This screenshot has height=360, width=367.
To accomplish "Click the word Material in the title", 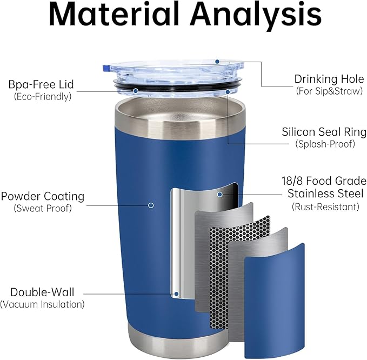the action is coord(114,14).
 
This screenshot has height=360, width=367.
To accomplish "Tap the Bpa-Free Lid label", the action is coord(41,84).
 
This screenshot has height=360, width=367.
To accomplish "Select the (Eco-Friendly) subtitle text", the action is coord(43,96).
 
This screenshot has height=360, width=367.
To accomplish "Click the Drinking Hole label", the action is coord(329,79).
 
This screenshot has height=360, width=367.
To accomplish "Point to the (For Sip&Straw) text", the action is coord(329,91).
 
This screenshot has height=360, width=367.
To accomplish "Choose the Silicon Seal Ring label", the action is coord(324,132).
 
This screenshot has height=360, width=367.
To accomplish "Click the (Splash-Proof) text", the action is coord(325,144).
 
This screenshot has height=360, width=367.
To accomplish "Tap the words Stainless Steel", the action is coord(325,194).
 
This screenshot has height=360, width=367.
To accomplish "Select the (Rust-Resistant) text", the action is coord(325,206).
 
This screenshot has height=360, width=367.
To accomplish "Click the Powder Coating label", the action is coord(43,196).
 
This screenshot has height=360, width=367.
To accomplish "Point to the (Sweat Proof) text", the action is coord(43,208).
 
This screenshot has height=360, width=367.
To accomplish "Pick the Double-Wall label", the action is coord(42,292).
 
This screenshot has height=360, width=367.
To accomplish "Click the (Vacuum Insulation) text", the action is coord(42,304).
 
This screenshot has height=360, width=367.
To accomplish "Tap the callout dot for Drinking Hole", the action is coord(217,62).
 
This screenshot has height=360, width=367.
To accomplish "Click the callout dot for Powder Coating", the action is coord(151,205).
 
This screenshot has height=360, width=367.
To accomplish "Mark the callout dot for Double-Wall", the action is coord(177,294).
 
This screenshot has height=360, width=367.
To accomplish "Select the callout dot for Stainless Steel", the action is coord(219,194).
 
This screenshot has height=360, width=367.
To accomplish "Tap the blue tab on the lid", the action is coord(106,68).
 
